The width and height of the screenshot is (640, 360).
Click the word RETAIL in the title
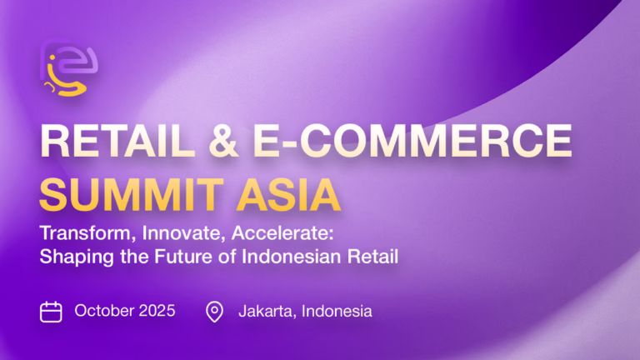tap(117, 141)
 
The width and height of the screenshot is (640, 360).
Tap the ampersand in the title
tap(223, 141)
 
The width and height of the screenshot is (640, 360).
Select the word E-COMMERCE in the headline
tap(412, 141)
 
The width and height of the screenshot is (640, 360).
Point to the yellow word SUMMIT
tap(132, 195)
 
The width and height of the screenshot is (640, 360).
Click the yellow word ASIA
tap(288, 195)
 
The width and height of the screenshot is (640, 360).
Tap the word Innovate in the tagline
tap(183, 233)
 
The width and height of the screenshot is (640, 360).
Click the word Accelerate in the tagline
tap(282, 233)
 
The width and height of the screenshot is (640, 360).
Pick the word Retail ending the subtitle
tap(372, 257)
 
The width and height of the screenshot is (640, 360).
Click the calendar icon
tap(51, 312)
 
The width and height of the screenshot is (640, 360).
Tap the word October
tap(104, 311)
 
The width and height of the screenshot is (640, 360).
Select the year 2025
tap(157, 311)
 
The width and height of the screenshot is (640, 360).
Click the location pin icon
tap(214, 312)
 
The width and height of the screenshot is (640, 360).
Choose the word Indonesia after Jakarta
tap(337, 312)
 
